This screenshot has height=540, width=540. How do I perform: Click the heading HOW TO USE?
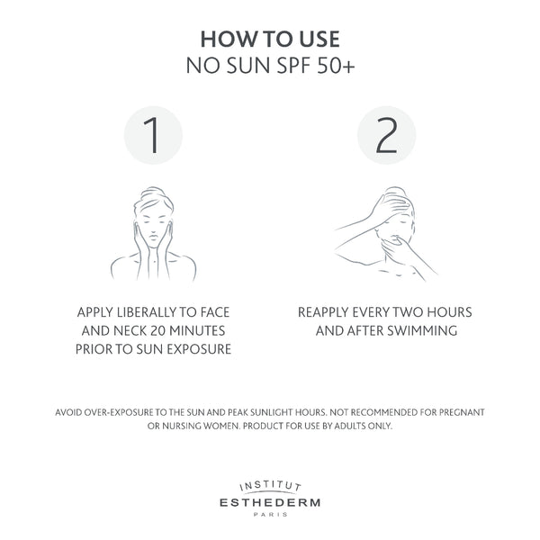(x=270, y=39)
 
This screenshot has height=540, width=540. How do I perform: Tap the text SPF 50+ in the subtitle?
(x=316, y=65)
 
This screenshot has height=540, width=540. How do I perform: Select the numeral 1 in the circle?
(x=151, y=135)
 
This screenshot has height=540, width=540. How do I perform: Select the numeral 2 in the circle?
(x=386, y=135)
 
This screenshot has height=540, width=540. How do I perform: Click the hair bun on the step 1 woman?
(x=152, y=193)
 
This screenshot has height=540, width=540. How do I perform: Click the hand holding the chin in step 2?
(x=394, y=249)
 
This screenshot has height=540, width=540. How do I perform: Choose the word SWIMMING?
(x=422, y=330)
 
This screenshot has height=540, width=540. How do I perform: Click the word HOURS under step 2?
(x=449, y=312)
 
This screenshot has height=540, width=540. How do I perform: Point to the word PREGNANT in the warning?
(x=462, y=412)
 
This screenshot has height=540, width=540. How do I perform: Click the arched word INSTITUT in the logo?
(x=270, y=486)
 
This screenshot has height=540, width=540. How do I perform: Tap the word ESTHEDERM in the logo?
(x=270, y=502)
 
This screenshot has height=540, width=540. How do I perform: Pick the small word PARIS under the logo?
(x=270, y=515)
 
